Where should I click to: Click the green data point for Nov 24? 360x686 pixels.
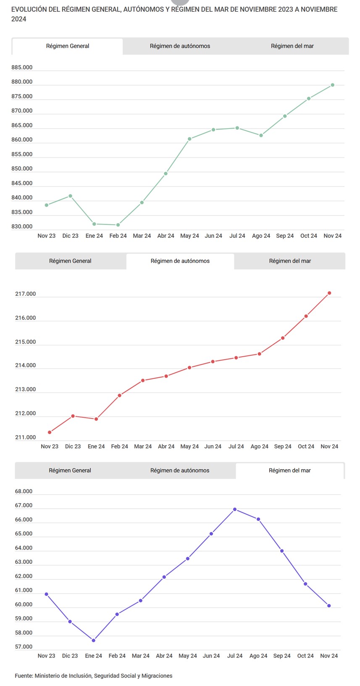[332, 85]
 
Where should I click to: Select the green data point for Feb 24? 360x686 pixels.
[118, 225]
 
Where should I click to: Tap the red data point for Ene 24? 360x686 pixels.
[96, 419]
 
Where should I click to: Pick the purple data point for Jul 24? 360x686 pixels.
[235, 509]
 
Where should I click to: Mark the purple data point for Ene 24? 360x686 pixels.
[94, 640]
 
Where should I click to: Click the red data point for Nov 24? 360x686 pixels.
[329, 293]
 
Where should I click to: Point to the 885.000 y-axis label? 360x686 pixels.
[22, 68]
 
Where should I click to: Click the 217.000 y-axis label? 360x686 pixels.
[26, 294]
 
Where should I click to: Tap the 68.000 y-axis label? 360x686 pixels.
[24, 492]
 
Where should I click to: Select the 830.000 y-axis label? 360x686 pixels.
[22, 227]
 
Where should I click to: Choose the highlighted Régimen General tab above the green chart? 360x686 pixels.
[68, 46]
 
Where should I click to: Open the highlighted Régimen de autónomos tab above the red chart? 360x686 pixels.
[180, 261]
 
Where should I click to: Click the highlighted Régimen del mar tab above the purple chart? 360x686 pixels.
[289, 470]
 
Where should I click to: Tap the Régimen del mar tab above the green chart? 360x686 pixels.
[292, 46]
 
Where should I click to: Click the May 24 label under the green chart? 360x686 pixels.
[189, 236]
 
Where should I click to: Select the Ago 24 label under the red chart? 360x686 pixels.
[259, 447]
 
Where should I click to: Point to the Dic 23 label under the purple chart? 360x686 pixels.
[70, 656]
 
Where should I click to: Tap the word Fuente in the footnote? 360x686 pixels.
[24, 676]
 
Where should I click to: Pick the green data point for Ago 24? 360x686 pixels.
[261, 135]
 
